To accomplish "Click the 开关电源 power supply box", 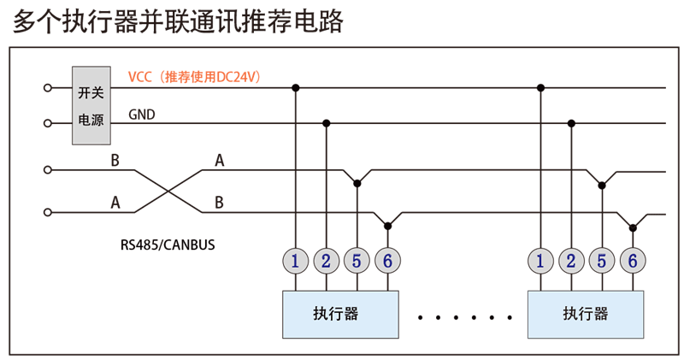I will click(91, 105).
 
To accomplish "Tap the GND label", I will click(142, 114).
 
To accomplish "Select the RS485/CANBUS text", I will click(168, 245).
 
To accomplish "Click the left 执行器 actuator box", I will click(340, 314).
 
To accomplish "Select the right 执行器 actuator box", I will click(586, 314).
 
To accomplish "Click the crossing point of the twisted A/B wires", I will click(168, 191).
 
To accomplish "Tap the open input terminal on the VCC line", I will click(47, 87).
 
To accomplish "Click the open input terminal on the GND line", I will click(47, 124).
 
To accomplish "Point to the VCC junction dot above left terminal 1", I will click(296, 87).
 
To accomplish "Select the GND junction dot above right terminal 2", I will click(571, 123).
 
